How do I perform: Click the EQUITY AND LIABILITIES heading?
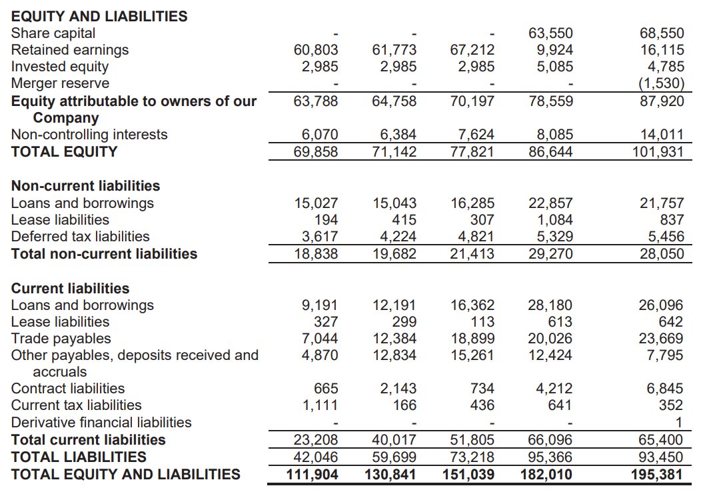(99, 16)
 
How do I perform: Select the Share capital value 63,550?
(550, 33)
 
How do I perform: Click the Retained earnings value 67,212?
(472, 50)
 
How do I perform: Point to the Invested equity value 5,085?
(554, 67)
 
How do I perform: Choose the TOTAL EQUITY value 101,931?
(658, 151)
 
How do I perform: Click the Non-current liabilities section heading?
(85, 186)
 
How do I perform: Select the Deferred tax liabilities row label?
(80, 236)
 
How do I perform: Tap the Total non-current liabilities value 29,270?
(550, 253)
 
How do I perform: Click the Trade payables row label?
(61, 339)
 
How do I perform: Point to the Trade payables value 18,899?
(472, 339)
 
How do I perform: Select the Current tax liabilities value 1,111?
(321, 405)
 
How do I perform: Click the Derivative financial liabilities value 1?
(679, 423)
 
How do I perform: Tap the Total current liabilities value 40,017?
(394, 440)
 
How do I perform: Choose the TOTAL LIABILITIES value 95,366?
(550, 457)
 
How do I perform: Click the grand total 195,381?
(657, 474)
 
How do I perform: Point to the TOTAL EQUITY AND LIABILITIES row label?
(125, 474)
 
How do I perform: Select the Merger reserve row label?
(60, 83)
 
